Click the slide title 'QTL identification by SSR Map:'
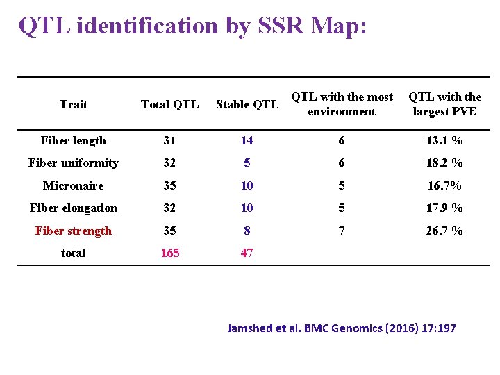pyautogui.click(x=192, y=26)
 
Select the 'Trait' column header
pyautogui.click(x=74, y=104)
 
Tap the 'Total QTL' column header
pyautogui.click(x=169, y=104)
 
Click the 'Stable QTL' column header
pyautogui.click(x=247, y=104)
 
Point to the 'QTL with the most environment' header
pyautogui.click(x=342, y=104)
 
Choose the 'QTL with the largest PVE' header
pyautogui.click(x=444, y=104)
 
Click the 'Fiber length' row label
pyautogui.click(x=74, y=140)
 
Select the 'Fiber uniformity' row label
pyautogui.click(x=74, y=162)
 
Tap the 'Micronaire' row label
pyautogui.click(x=74, y=185)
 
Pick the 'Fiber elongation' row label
pyautogui.click(x=74, y=208)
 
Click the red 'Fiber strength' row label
pyautogui.click(x=74, y=231)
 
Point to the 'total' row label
pyautogui.click(x=74, y=253)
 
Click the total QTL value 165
pyautogui.click(x=170, y=253)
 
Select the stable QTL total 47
pyautogui.click(x=247, y=253)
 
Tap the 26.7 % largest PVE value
pyautogui.click(x=444, y=231)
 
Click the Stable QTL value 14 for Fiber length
pyautogui.click(x=247, y=140)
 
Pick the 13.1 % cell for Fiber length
pyautogui.click(x=444, y=140)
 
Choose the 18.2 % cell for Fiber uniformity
pyautogui.click(x=444, y=162)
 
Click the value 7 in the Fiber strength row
pyautogui.click(x=342, y=231)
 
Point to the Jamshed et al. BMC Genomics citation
pyautogui.click(x=342, y=328)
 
